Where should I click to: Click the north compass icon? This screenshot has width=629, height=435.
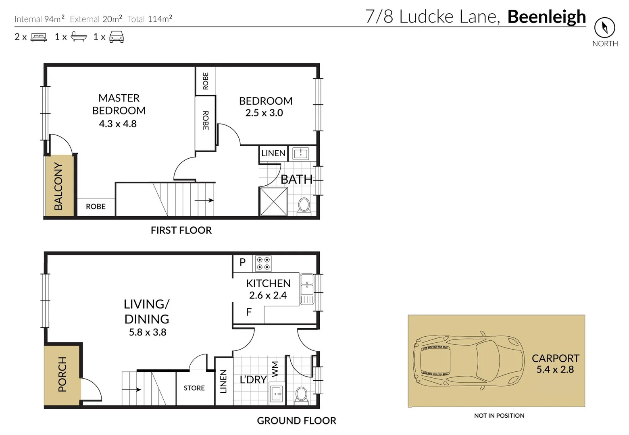[x=604, y=27]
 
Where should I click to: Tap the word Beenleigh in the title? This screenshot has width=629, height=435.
[x=546, y=17]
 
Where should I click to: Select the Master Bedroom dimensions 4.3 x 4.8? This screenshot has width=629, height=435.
[x=118, y=124]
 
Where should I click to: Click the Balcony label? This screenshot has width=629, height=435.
[x=59, y=186]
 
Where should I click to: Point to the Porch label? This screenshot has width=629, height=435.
[x=62, y=374]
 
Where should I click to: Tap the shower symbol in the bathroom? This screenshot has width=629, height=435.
[x=273, y=201]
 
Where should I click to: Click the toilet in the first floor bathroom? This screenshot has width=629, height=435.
[x=304, y=205]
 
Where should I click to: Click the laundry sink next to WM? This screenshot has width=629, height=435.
[x=277, y=394]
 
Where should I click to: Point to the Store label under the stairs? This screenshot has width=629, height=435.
[x=194, y=388]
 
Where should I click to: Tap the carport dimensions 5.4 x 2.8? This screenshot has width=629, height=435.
[x=555, y=369]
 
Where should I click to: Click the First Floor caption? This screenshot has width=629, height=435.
[x=181, y=230]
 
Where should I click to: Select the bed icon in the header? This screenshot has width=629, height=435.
[x=39, y=37]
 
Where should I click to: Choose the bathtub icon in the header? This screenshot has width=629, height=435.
[x=79, y=37]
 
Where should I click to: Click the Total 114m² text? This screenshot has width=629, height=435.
[x=150, y=19]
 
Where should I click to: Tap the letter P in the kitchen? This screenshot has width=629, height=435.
[x=242, y=262]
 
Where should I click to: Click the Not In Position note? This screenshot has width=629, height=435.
[x=499, y=416]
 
